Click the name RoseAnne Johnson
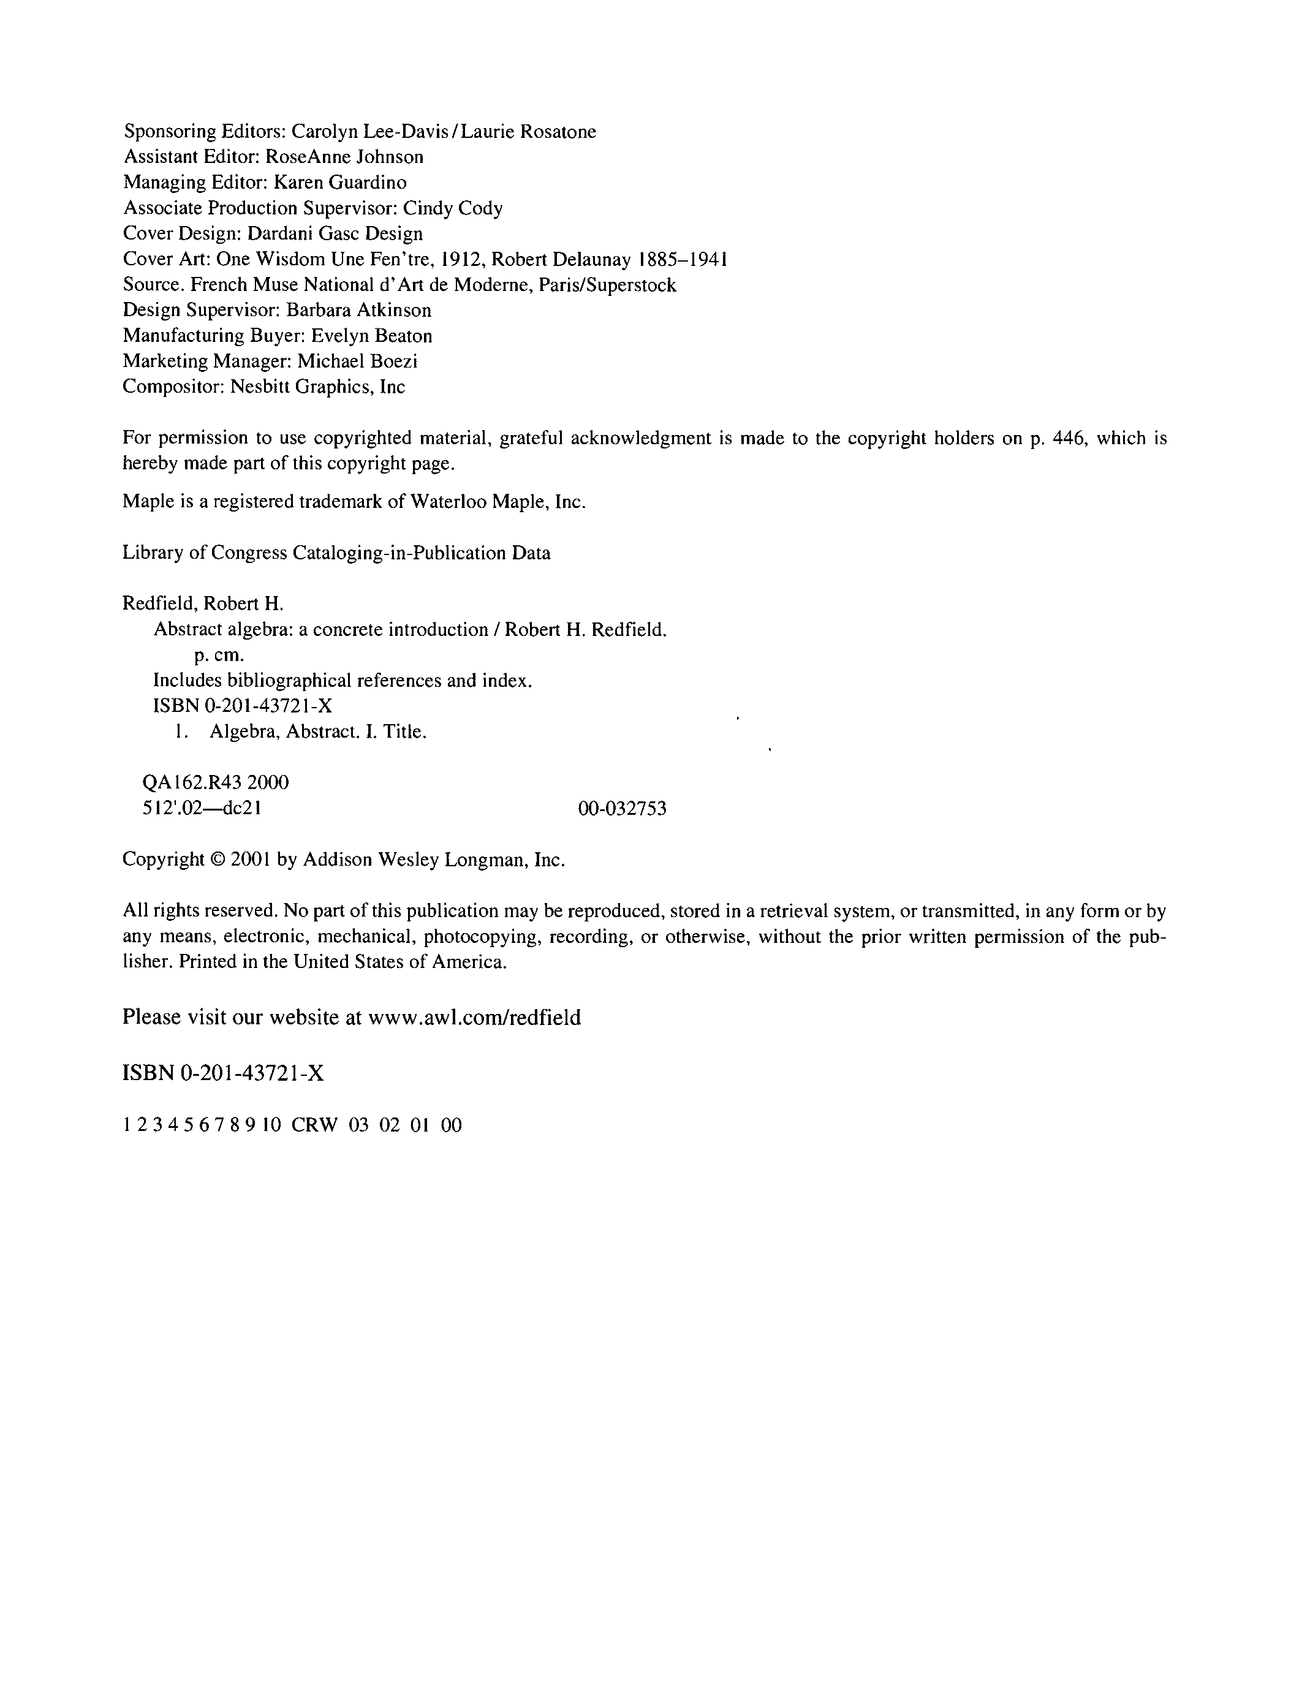[344, 157]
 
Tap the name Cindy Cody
[453, 208]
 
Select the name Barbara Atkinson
[359, 311]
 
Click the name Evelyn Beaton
[371, 336]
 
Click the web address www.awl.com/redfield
[474, 1018]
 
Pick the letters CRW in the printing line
[315, 1125]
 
